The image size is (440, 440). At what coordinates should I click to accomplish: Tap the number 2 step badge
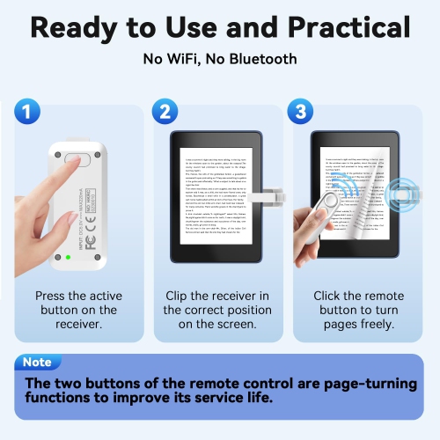click(165, 113)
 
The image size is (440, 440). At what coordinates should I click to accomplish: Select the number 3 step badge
click(299, 113)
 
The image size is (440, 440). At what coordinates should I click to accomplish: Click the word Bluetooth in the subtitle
click(264, 60)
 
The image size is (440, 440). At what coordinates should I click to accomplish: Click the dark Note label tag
click(38, 362)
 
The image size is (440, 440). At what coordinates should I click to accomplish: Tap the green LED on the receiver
click(66, 257)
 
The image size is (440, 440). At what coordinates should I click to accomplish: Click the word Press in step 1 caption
click(51, 297)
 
